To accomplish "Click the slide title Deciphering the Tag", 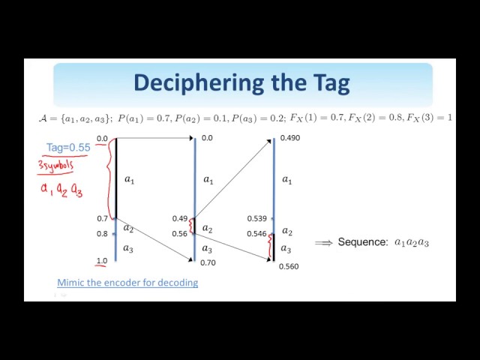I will point(241,82).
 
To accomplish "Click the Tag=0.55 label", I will point(68,148).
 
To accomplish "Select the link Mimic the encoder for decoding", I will point(127,283).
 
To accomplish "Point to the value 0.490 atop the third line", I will point(289,138).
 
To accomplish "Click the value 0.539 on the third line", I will point(257,219).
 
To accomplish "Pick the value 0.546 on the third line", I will point(257,234).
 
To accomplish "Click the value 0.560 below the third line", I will point(289,266).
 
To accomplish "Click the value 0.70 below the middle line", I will point(208,262).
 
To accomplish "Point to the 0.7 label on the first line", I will point(102,218).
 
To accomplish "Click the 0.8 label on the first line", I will point(102,233).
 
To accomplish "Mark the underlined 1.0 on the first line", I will point(101,261).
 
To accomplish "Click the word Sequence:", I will point(363,242).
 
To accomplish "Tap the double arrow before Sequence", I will point(323,242).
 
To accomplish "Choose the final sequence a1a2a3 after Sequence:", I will point(412,242).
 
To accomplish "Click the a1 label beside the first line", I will point(129,179).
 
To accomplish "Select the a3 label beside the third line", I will point(286,248).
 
